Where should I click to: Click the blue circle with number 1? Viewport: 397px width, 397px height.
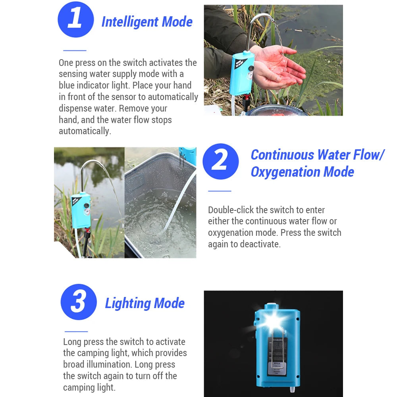pos(76,19)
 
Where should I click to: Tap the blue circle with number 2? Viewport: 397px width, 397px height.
pos(221,162)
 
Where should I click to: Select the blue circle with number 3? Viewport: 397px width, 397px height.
pos(79,302)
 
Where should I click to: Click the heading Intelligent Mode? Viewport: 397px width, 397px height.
pos(147,22)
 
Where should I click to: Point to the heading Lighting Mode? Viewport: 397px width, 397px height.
pos(145,303)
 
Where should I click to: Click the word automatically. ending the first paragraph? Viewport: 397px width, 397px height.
pos(85,131)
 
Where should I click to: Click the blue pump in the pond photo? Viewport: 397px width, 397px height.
pos(81,210)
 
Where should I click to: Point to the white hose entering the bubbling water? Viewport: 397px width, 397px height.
pos(181,202)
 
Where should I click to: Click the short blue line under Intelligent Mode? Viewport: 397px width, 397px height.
pos(75,50)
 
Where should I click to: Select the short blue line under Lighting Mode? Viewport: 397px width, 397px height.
pos(76,331)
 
